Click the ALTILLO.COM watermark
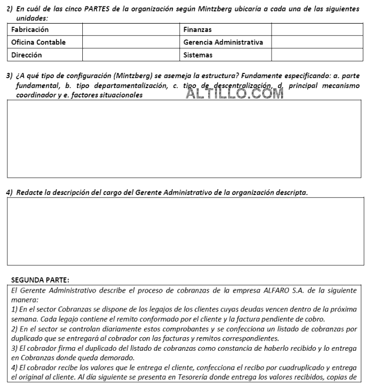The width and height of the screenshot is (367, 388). (x=235, y=93)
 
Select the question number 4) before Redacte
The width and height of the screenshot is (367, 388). (x=9, y=192)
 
